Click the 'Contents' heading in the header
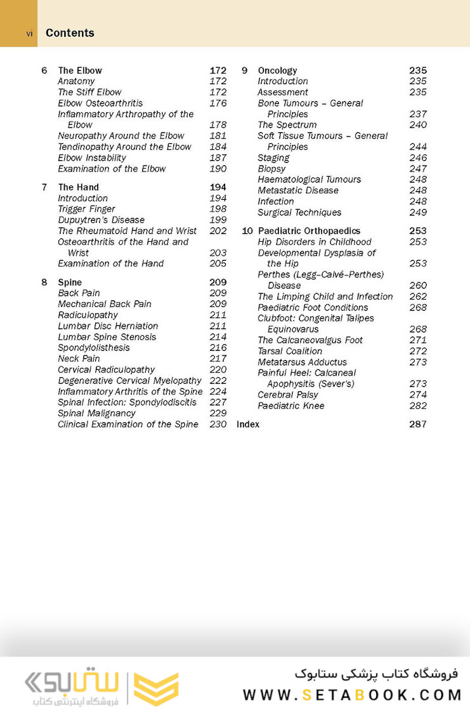coord(70,33)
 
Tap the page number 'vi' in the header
coord(30,34)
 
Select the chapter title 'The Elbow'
coord(80,70)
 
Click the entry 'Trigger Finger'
coord(87,209)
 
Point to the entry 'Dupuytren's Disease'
coord(101,220)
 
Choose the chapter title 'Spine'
coord(70,283)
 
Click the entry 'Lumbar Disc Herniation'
coord(108,326)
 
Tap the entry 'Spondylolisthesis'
coord(94,348)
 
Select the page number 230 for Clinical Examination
coord(218,424)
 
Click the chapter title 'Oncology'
coord(278,70)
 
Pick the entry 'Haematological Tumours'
coord(309,179)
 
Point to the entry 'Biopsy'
coord(272,169)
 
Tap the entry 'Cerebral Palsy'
coord(288,395)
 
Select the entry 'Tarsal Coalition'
coord(290,352)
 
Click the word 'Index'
coord(248,424)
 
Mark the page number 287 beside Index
coord(417,424)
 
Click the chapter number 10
coord(247,231)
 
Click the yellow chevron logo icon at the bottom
coord(156,688)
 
